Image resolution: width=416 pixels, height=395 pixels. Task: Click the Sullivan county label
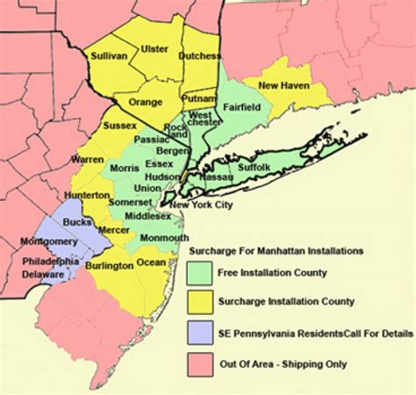109,55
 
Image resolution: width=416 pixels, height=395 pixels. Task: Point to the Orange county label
146,102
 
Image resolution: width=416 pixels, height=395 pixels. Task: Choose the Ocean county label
152,262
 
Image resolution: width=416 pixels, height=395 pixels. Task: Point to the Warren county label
88,160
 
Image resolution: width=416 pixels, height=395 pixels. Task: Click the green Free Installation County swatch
201,273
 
